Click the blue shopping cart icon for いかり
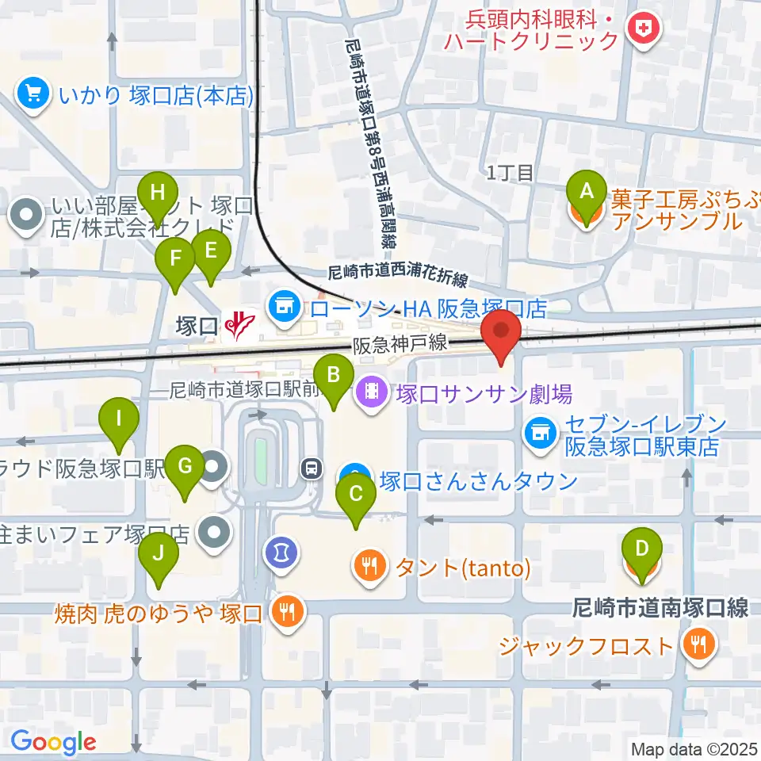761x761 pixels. pos(33,95)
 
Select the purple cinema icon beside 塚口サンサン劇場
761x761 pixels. pos(370,391)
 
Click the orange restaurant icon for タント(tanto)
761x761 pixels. pos(369,566)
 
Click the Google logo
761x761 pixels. pos(53,742)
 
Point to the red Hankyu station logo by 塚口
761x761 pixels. pos(239,324)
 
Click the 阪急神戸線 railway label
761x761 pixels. pos(401,345)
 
